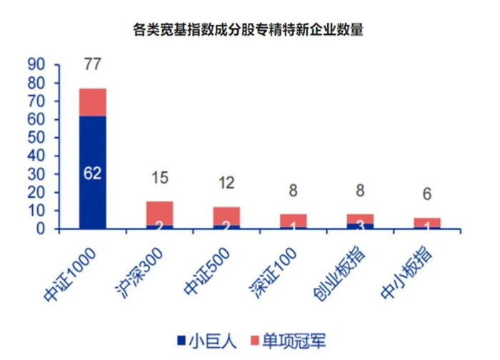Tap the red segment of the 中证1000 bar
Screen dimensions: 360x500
click(x=92, y=101)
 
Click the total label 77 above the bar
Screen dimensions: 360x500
click(x=92, y=66)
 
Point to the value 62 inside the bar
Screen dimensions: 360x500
click(x=92, y=174)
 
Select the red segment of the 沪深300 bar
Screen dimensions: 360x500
click(x=159, y=212)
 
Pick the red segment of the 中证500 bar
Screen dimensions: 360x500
click(x=226, y=215)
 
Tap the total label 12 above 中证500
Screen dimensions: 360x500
click(x=226, y=184)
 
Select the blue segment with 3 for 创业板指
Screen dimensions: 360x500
click(x=359, y=226)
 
